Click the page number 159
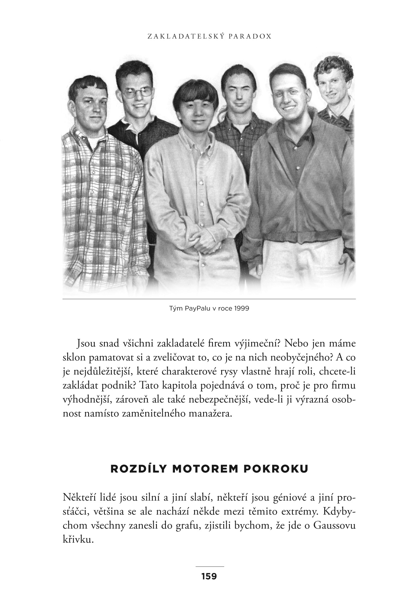[x=209, y=576]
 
